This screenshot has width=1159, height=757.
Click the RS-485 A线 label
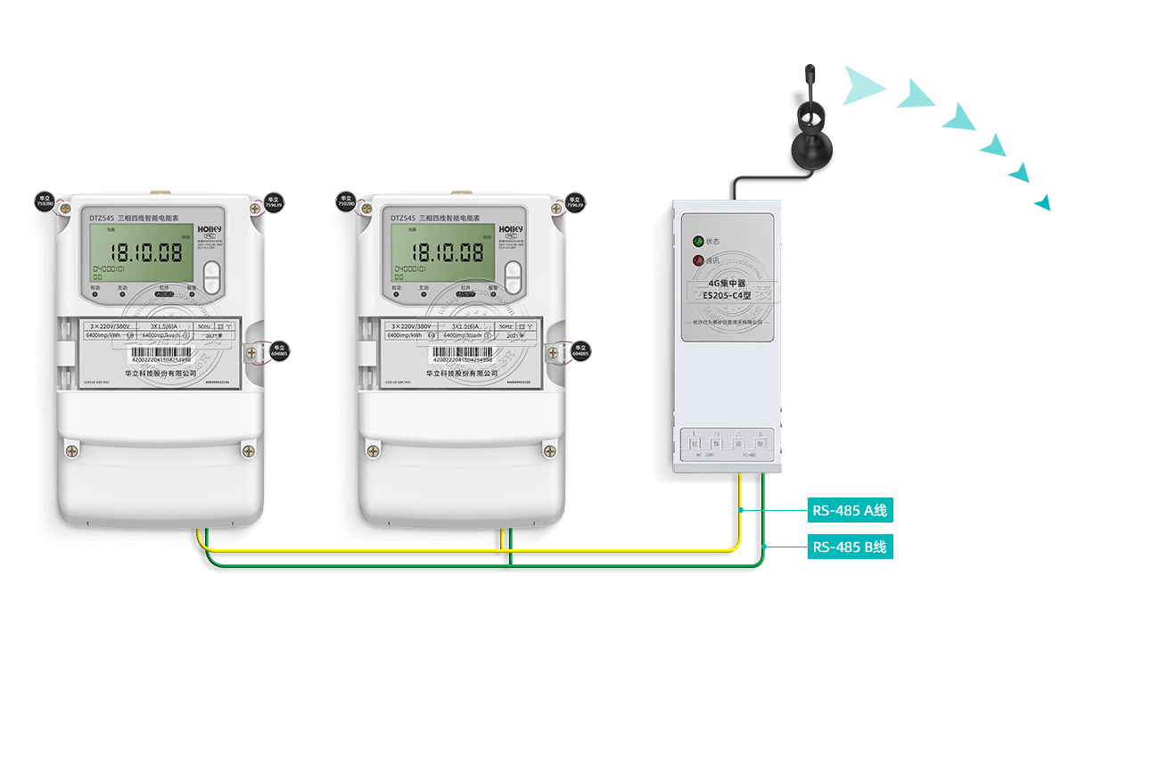point(850,511)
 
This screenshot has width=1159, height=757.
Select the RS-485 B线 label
point(850,547)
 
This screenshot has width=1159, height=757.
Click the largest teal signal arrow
point(862,86)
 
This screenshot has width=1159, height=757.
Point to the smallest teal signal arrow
point(1042,203)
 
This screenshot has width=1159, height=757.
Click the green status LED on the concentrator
point(698,241)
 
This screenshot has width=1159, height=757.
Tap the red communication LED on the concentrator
point(698,260)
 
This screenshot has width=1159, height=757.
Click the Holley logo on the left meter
point(209,229)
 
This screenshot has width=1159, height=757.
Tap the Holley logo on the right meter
point(510,229)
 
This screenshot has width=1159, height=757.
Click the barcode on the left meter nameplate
point(160,352)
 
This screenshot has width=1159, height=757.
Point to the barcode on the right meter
point(462,352)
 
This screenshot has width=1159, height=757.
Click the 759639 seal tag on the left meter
point(274,202)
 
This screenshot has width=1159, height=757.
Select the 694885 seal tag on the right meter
point(580,350)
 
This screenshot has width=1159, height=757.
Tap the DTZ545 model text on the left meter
point(102,218)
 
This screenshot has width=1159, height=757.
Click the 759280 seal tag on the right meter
point(347,202)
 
